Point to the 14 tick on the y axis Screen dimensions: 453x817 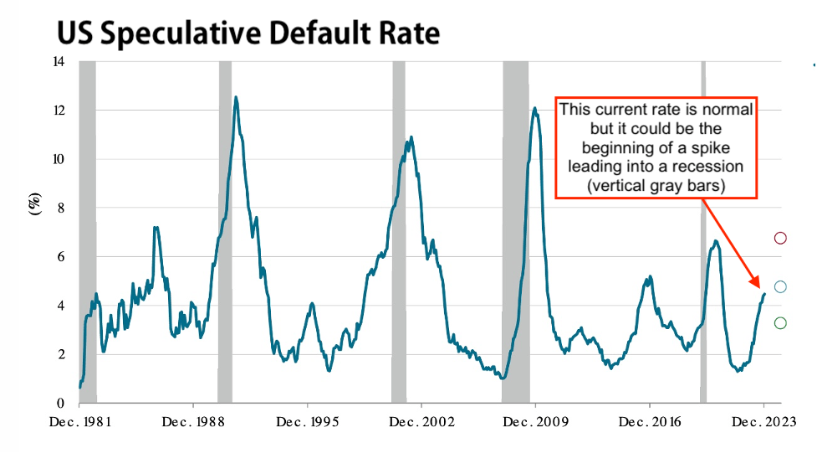(59, 62)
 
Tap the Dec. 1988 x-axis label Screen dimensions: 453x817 (193, 422)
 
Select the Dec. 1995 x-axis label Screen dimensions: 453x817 (307, 422)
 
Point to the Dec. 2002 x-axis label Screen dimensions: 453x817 (421, 422)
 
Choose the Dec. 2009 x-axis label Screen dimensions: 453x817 (535, 422)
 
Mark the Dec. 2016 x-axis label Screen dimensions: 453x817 (650, 422)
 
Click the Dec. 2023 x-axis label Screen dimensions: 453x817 (763, 422)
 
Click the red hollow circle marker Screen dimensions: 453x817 (780, 239)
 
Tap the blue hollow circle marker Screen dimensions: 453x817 (780, 287)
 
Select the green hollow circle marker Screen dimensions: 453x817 (780, 323)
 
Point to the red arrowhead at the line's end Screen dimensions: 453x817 (756, 283)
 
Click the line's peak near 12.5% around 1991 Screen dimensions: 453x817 (236, 98)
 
